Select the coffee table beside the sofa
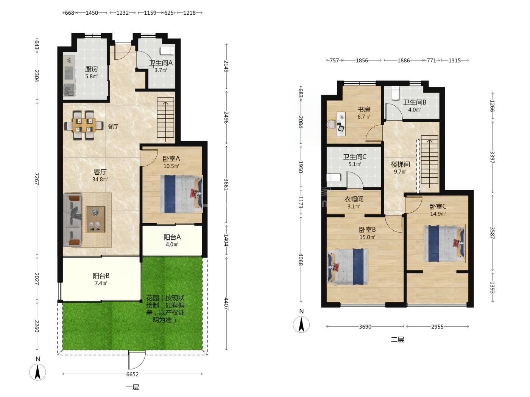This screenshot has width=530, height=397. pyautogui.click(x=95, y=219)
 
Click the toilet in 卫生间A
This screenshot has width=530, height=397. pyautogui.click(x=167, y=51)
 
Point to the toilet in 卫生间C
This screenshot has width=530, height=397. pyautogui.click(x=334, y=178)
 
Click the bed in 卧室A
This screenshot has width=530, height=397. pyautogui.click(x=181, y=194)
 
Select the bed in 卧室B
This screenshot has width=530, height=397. pyautogui.click(x=348, y=267)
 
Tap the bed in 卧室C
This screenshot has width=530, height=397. pyautogui.click(x=444, y=244)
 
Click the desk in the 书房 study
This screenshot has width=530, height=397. pyautogui.click(x=341, y=124)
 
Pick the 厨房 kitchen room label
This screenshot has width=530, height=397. pyautogui.click(x=92, y=70)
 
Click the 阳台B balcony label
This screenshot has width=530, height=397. pyautogui.click(x=101, y=276)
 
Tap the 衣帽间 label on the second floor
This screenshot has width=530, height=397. pyautogui.click(x=354, y=199)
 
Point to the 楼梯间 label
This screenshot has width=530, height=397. pyautogui.click(x=400, y=164)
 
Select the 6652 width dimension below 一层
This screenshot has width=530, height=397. pyautogui.click(x=132, y=374)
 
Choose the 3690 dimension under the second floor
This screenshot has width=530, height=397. pyautogui.click(x=365, y=327)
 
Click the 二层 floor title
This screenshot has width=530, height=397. pyautogui.click(x=397, y=340)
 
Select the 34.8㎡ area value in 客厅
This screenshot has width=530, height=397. pyautogui.click(x=100, y=179)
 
